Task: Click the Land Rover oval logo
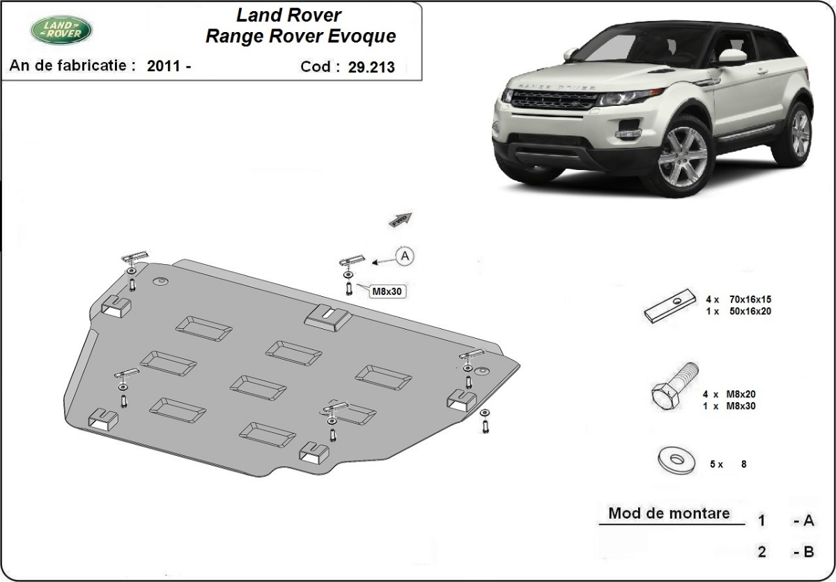pos(61,29)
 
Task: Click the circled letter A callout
pos(405,256)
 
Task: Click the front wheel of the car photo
pos(674,158)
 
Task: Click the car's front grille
pos(555,100)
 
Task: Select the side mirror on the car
pos(731,57)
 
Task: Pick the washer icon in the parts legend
pos(674,460)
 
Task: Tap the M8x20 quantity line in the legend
pos(729,395)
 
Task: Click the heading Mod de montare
pos(669,514)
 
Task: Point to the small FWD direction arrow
pos(401,220)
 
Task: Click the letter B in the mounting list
pos(808,552)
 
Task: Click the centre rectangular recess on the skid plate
pos(258,388)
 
